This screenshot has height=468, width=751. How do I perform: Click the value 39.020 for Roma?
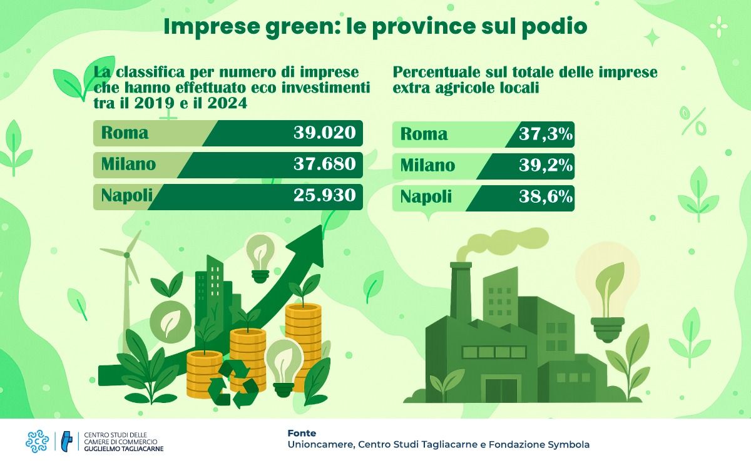point(324,133)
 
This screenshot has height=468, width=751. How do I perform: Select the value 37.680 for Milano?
point(324,165)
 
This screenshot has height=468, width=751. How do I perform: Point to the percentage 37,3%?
point(546,134)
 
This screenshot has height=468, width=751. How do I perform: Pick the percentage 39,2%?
point(546,166)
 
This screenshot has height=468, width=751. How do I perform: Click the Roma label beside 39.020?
point(125,133)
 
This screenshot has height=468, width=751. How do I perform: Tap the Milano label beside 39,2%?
point(427,166)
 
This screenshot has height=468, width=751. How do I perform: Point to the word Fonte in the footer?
point(302,433)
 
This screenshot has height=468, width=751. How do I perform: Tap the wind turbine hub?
point(126,255)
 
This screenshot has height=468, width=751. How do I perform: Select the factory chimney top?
point(460,265)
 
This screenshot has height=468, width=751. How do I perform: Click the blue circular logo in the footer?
point(37,441)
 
